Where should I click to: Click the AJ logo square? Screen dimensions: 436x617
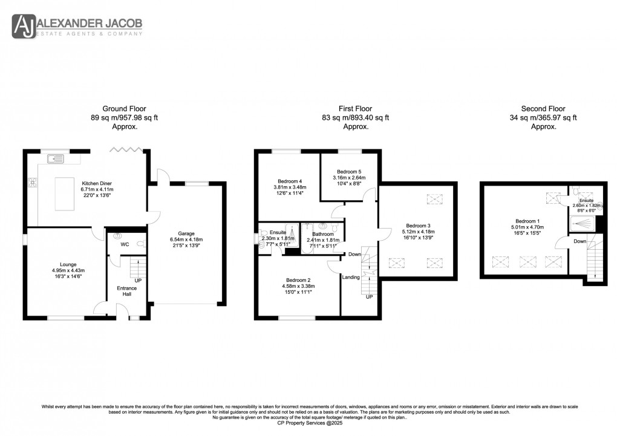(24, 27)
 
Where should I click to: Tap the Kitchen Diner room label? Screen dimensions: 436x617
(93, 183)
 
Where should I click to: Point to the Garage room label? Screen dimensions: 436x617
(186, 233)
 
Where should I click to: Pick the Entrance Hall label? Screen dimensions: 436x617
(127, 291)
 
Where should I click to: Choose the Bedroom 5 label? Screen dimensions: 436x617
(349, 171)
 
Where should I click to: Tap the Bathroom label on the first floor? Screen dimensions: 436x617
(324, 233)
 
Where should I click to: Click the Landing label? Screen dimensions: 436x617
(351, 278)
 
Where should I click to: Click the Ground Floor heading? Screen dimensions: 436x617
(125, 109)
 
